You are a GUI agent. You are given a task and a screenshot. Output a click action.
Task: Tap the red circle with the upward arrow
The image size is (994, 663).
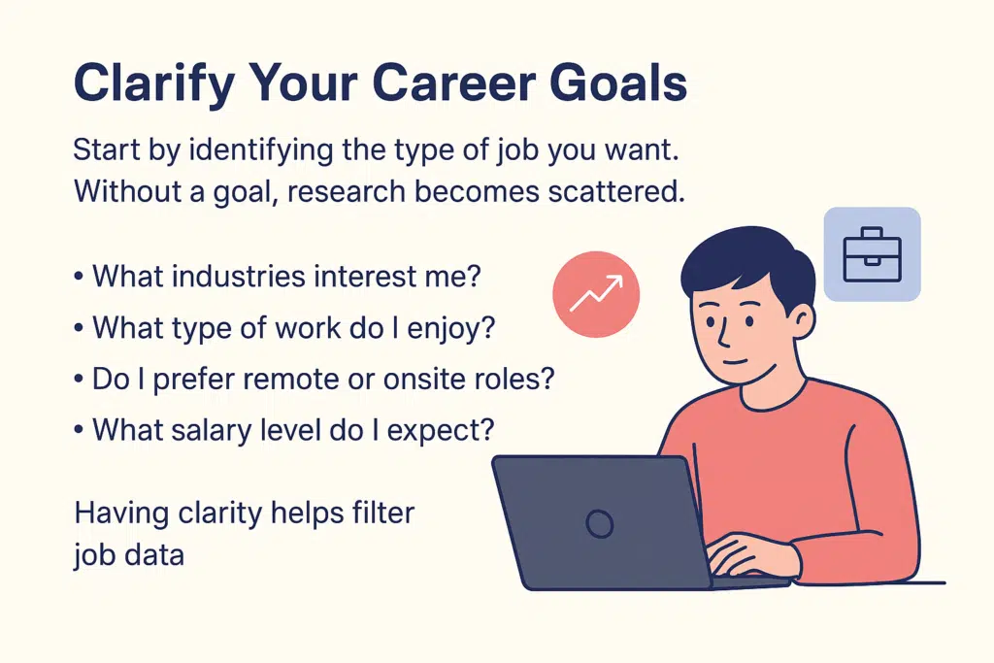pos(596,291)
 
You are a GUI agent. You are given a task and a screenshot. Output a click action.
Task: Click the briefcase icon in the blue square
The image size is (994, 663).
pos(871,253)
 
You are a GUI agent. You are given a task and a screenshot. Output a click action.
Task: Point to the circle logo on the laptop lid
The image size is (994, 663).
pos(600,525)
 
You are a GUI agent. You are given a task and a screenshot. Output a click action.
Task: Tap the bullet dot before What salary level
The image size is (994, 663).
pos(78,429)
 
